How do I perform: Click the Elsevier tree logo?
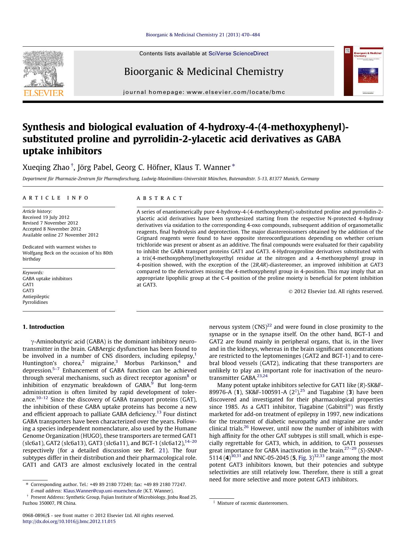click(43, 69)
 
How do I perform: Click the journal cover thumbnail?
click(363, 71)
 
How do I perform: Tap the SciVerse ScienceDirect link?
click(238, 54)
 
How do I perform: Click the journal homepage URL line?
click(204, 92)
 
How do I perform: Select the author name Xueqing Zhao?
click(46, 167)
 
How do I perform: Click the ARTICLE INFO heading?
click(56, 198)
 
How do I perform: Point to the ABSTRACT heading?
click(160, 198)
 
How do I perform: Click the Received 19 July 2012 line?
click(46, 217)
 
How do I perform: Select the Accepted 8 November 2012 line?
click(52, 229)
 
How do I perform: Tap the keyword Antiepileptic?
click(36, 296)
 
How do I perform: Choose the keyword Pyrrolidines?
click(35, 302)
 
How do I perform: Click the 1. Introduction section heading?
click(43, 327)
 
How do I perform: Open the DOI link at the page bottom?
click(69, 521)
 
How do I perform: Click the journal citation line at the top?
click(203, 35)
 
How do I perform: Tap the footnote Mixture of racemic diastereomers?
click(252, 503)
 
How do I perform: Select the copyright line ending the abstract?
click(336, 291)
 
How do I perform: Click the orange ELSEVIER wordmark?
click(43, 93)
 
